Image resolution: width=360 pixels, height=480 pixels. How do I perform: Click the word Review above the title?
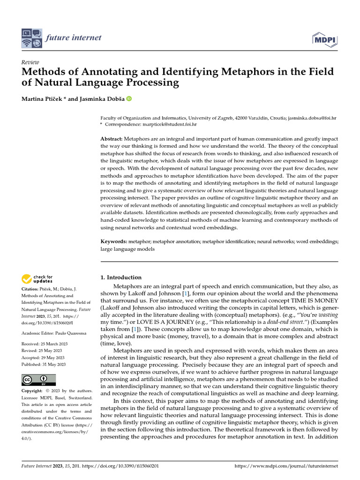(x=30, y=62)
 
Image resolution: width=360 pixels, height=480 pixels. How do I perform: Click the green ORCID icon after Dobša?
(x=129, y=99)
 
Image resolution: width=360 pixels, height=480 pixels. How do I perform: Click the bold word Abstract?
(x=112, y=140)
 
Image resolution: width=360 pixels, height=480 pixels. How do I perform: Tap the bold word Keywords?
(x=114, y=241)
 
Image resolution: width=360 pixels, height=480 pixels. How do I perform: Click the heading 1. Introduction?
(x=121, y=277)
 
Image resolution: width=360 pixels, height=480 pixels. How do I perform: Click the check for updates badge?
(x=37, y=280)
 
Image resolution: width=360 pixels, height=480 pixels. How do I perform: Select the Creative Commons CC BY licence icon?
(x=38, y=380)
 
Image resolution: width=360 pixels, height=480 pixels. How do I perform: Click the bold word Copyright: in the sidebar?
(x=32, y=391)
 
